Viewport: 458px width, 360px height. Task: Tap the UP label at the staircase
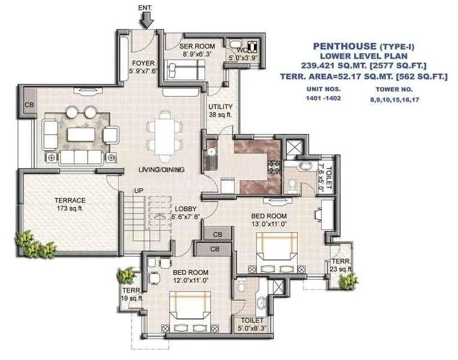coord(137,190)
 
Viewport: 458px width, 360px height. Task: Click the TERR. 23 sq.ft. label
coord(340,266)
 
